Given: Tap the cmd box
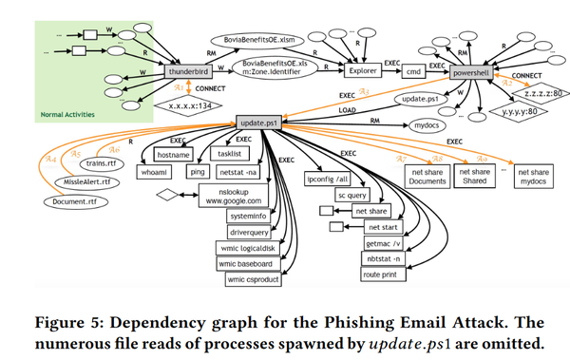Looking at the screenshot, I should coord(414,69).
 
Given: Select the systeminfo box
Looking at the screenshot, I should coord(247,217).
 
